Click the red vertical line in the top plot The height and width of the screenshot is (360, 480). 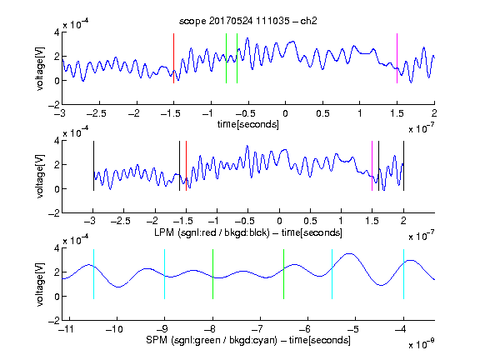tap(173, 58)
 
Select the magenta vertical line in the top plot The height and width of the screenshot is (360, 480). tap(397, 58)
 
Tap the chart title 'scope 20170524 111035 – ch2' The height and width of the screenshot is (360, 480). tap(248, 21)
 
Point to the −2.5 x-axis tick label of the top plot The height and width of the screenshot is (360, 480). tap(97, 113)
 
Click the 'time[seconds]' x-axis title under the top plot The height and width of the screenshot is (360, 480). tap(248, 124)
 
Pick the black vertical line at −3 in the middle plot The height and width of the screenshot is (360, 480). tap(93, 166)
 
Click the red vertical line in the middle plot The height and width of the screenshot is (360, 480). tap(186, 166)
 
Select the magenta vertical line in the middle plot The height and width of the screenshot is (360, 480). tap(372, 166)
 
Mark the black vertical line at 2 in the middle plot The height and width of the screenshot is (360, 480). tap(403, 166)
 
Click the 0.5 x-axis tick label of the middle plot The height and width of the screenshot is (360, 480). tap(310, 221)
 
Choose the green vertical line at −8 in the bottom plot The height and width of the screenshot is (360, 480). tap(212, 274)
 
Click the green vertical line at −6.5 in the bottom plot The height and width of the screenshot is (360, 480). tap(284, 274)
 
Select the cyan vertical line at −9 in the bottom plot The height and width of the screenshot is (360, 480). tap(164, 274)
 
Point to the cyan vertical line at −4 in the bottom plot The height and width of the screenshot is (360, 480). tap(403, 274)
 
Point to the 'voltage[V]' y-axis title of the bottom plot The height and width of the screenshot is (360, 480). tap(40, 284)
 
